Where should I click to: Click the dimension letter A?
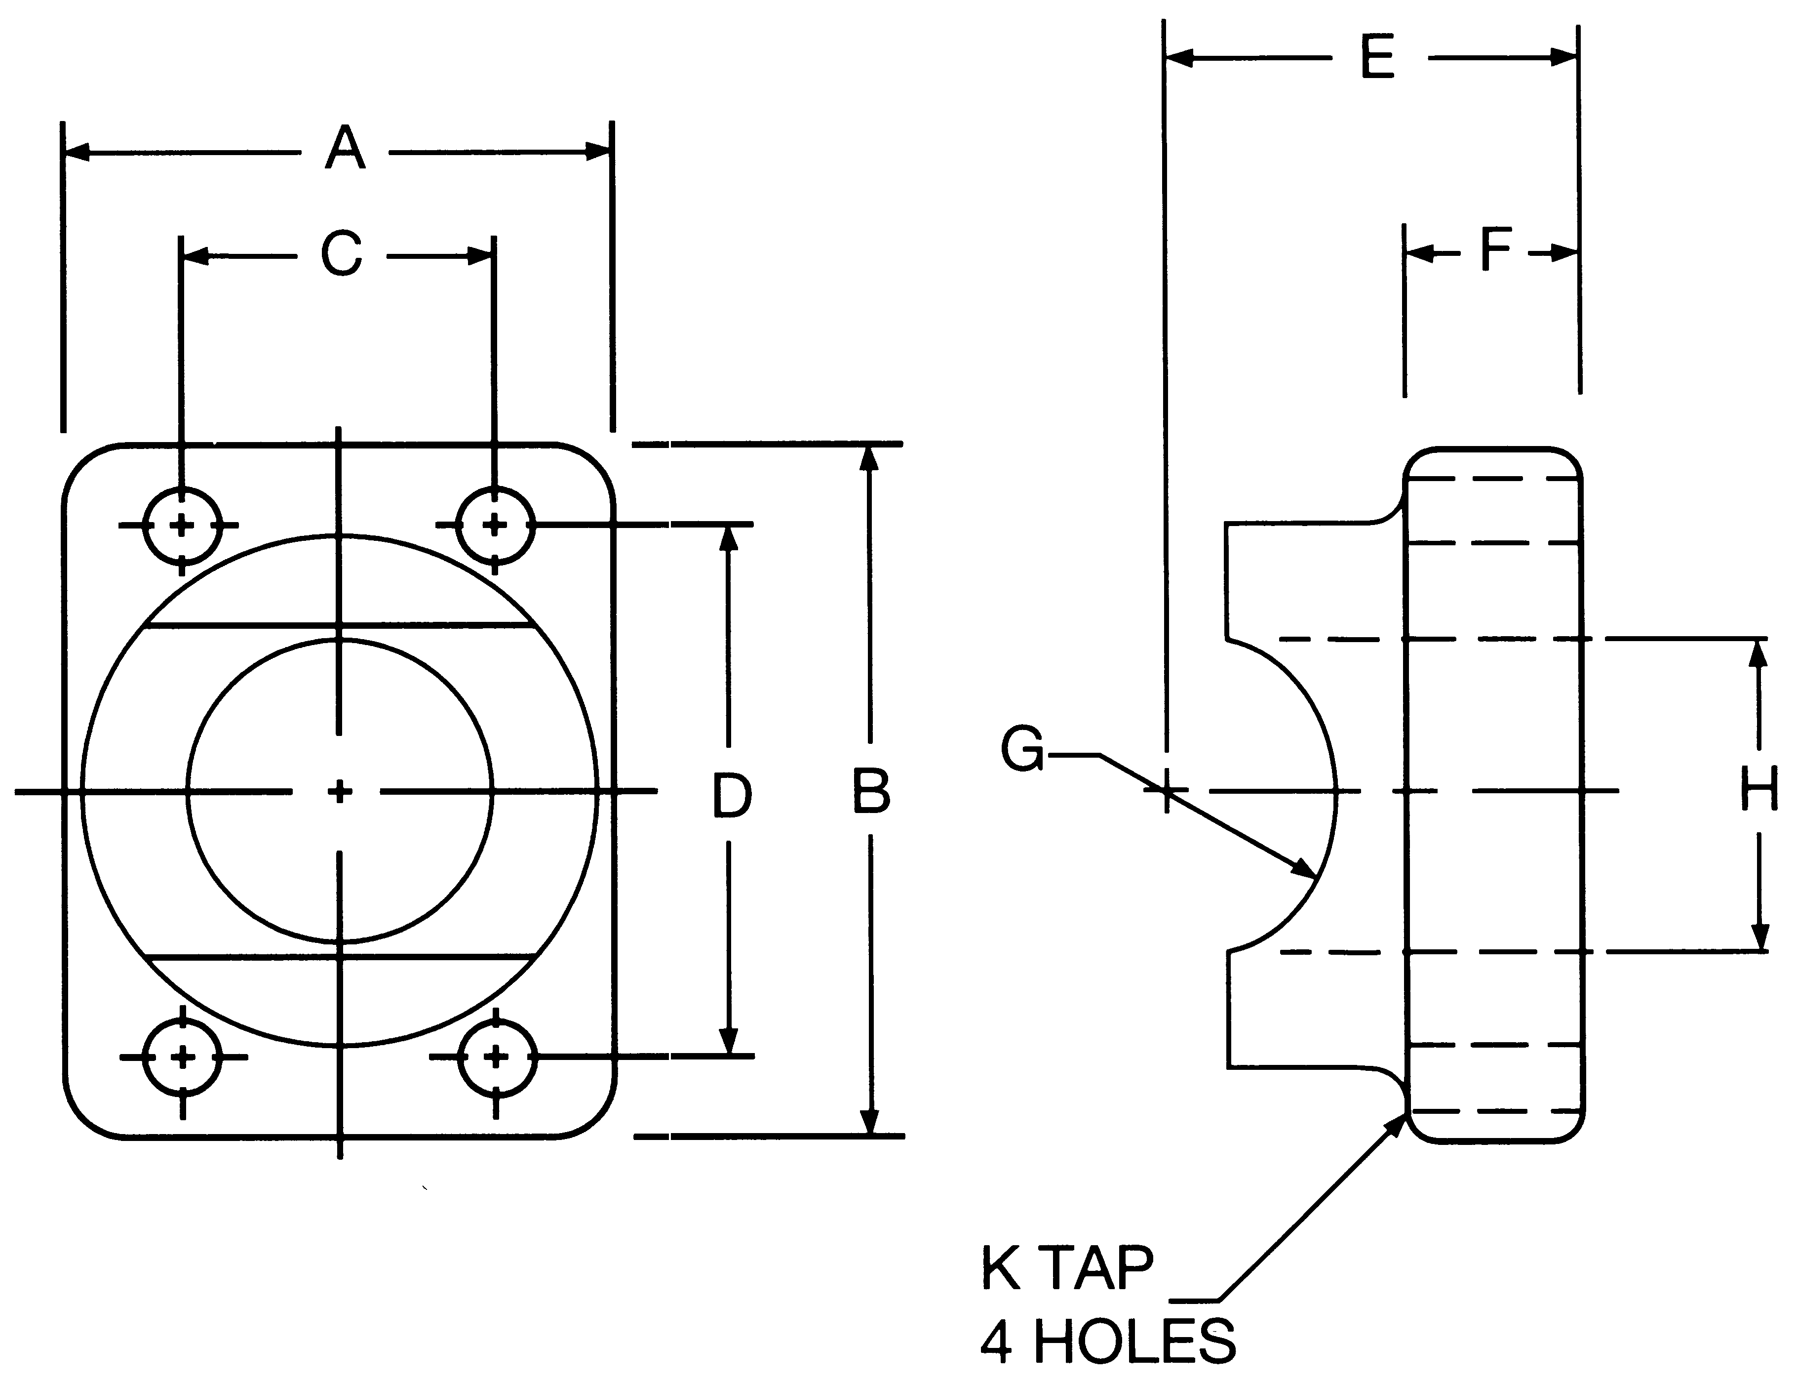click(345, 149)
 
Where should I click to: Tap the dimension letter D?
click(731, 796)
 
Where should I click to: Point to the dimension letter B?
click(871, 791)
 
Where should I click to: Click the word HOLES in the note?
click(1134, 1342)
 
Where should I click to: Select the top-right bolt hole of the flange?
click(494, 525)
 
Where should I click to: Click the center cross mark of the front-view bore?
click(340, 791)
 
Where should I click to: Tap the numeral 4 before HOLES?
click(996, 1342)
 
